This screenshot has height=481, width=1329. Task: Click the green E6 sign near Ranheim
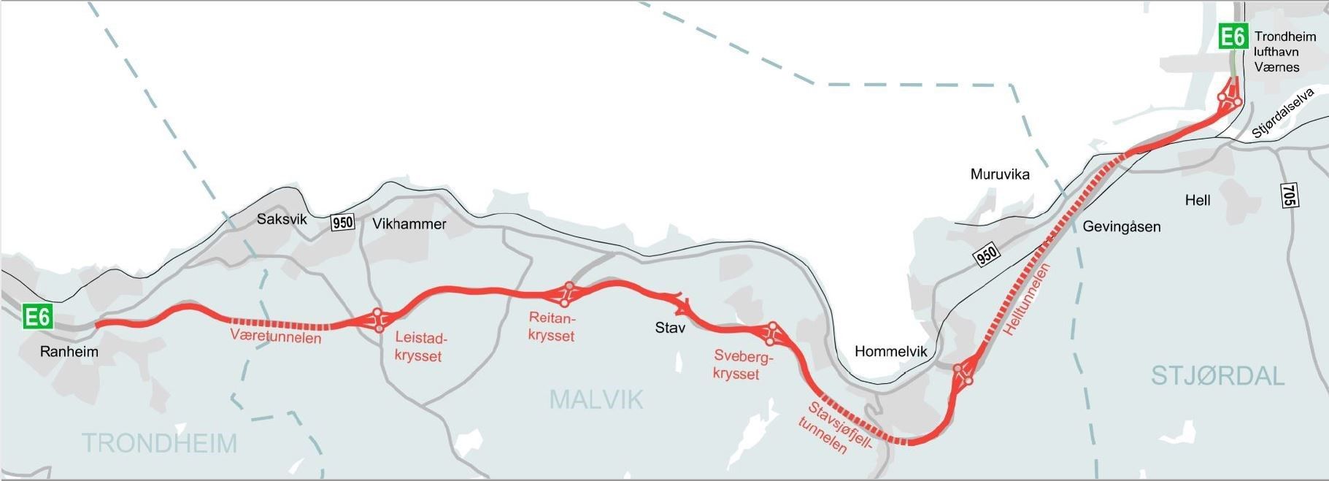click(x=37, y=318)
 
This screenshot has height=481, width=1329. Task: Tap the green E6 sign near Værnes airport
click(x=1233, y=36)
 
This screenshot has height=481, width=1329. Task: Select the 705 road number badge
click(x=1289, y=195)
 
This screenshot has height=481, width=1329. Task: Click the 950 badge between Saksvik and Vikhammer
click(x=342, y=223)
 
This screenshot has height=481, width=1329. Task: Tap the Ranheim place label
click(x=69, y=352)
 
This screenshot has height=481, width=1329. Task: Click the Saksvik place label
click(x=282, y=219)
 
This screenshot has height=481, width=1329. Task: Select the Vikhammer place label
click(x=409, y=224)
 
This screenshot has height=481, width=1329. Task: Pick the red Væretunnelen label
click(x=276, y=336)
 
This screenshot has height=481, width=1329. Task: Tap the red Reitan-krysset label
click(x=552, y=327)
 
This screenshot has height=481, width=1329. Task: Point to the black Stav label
click(x=670, y=328)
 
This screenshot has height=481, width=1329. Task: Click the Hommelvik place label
click(x=890, y=351)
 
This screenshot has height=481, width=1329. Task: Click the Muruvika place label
click(x=1000, y=174)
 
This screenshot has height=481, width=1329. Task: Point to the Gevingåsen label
click(x=1121, y=226)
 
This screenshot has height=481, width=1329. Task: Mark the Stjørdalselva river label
click(x=1282, y=113)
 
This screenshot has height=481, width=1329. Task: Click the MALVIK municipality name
click(x=596, y=399)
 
